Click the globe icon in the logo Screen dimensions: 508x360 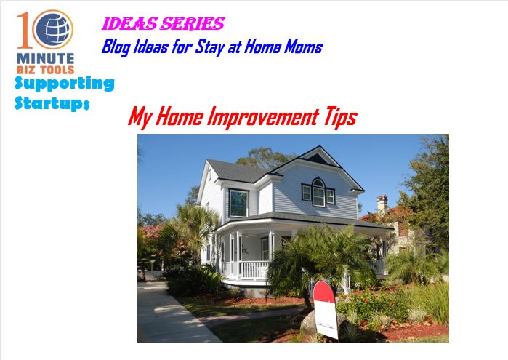point(53,30)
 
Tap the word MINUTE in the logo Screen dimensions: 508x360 point(46,59)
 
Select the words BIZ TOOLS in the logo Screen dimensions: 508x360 point(46,70)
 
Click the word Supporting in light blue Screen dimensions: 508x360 point(65,84)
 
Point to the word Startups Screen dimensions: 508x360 point(52,103)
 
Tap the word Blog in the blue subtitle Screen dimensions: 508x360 point(116,47)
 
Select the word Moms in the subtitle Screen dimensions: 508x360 point(304,47)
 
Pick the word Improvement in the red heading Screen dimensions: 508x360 point(263,117)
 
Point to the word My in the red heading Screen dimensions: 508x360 point(140,117)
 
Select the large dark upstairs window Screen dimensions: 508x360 point(239,203)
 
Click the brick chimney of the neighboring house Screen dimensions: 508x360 point(382,204)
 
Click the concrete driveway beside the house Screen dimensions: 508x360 point(172,312)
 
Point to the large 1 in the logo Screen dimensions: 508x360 point(25,30)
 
